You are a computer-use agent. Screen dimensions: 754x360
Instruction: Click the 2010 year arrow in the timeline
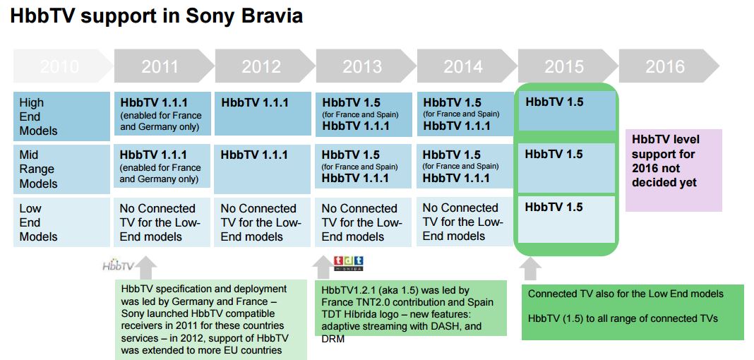pos(63,66)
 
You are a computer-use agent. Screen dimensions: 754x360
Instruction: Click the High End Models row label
pos(61,116)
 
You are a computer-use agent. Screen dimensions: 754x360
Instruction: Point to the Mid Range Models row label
pos(61,169)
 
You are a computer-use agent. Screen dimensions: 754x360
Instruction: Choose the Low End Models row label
pos(61,222)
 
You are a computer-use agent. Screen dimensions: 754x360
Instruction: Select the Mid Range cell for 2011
pos(162,166)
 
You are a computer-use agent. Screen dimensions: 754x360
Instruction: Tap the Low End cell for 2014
pos(465,222)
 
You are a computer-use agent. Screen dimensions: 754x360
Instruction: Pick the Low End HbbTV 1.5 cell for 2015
pos(566,219)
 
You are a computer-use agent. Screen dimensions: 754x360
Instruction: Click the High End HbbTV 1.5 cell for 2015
pos(566,111)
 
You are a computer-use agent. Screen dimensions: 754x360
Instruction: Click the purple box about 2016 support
pos(674,170)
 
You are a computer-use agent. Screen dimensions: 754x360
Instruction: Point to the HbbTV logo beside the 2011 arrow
pos(118,266)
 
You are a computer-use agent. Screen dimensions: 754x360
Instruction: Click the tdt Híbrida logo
pos(349,263)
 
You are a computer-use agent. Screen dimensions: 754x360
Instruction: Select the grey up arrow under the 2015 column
pos(530,269)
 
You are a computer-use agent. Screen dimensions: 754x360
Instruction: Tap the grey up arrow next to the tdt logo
pos(323,268)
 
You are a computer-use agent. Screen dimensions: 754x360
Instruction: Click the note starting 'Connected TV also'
pos(633,312)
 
